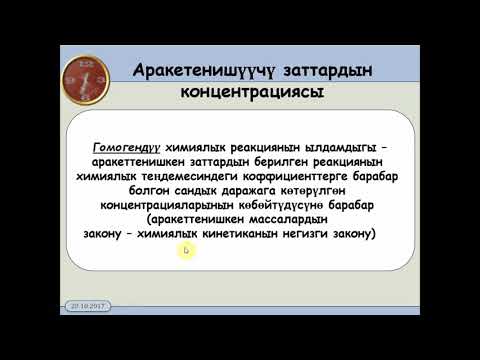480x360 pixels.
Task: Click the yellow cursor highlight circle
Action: [x=185, y=250]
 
